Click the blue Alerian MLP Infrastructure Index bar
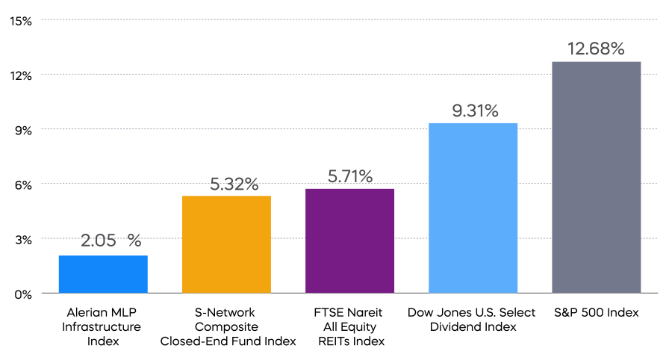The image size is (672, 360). [103, 274]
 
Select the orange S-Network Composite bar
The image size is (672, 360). [226, 244]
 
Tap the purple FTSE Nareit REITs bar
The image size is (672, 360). [349, 240]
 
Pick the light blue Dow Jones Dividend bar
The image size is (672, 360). [473, 208]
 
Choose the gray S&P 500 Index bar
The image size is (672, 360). [596, 177]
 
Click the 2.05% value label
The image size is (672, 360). [111, 240]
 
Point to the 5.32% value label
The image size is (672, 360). [234, 183]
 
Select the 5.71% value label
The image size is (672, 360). [350, 176]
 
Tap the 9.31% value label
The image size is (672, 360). [474, 111]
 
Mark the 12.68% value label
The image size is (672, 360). [596, 49]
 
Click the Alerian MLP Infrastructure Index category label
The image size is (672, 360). [103, 326]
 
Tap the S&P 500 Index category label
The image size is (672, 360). [596, 313]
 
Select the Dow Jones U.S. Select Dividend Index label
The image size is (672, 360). [473, 320]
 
